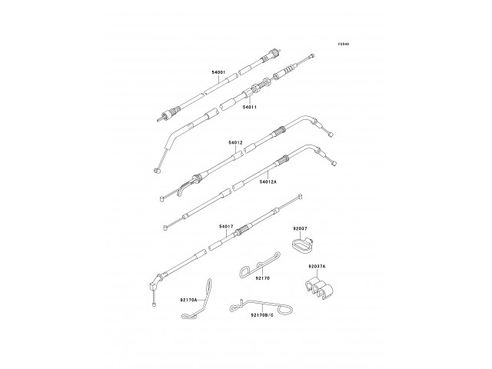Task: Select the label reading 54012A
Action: pyautogui.click(x=268, y=182)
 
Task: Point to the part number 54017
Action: pyautogui.click(x=225, y=226)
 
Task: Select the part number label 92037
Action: pyautogui.click(x=299, y=229)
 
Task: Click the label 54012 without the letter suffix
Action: pyautogui.click(x=235, y=143)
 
